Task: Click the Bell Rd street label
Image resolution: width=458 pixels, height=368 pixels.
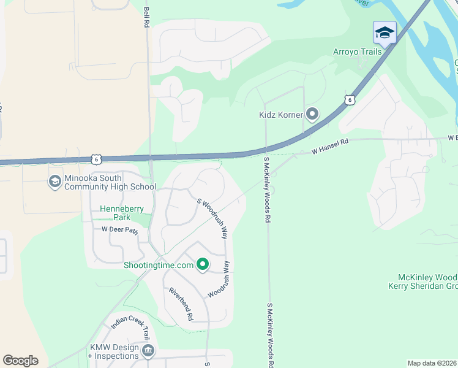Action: tap(146, 17)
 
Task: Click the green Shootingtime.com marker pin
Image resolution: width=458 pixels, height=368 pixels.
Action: tap(203, 265)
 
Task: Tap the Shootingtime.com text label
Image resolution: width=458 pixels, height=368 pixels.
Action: tap(159, 265)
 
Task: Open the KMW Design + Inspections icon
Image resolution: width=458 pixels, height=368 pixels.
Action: tap(148, 351)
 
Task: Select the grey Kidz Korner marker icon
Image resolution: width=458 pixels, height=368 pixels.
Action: tap(313, 114)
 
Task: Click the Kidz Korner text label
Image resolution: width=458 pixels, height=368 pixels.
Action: tap(280, 115)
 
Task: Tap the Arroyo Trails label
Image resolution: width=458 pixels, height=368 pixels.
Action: tap(357, 52)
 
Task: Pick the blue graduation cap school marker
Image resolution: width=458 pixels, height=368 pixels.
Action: tap(385, 33)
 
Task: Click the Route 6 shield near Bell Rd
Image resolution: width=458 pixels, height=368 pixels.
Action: tap(96, 159)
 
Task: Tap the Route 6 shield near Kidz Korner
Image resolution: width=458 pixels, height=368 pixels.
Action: tap(349, 99)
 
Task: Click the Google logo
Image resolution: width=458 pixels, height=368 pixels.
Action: tap(21, 360)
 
